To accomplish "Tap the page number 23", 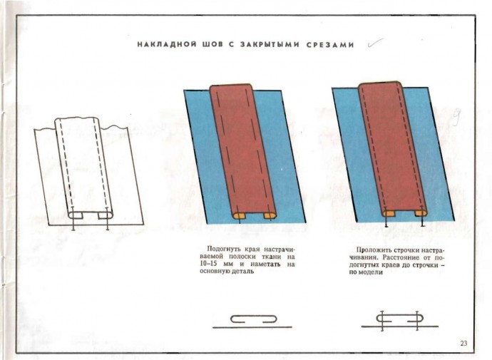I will (x=463, y=344).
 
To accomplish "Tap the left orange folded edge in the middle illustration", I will (x=240, y=215).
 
